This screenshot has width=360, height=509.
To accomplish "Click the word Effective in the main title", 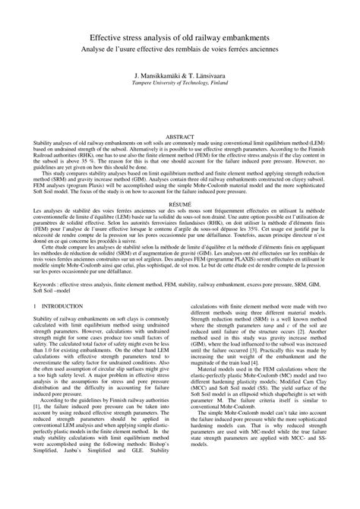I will [x=111, y=37].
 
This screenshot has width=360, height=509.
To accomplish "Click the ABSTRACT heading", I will [x=180, y=112].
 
